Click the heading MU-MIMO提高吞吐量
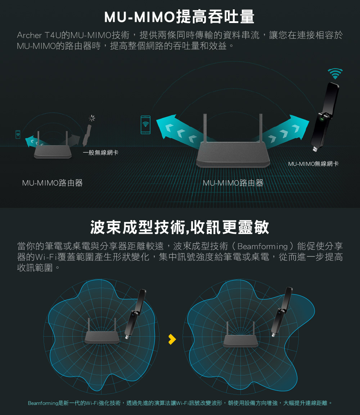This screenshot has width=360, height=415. point(179,17)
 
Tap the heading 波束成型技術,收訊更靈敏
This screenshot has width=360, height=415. point(180,227)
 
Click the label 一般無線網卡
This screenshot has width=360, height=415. point(101,152)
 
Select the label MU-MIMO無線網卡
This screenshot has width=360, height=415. point(313,164)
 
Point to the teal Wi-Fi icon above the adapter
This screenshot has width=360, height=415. point(335,74)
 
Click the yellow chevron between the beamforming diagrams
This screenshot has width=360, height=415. point(172,339)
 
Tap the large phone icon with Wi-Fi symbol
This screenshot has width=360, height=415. point(145,125)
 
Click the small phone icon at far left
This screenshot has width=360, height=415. point(18,134)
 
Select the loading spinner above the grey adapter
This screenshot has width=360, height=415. point(92,118)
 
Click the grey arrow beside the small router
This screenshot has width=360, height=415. point(74,140)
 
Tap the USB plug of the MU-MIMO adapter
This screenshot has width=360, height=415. point(315,149)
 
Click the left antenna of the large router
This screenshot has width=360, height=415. point(205,128)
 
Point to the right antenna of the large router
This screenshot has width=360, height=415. point(261,128)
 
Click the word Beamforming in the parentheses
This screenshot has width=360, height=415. point(262,246)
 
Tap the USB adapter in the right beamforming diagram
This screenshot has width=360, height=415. point(282,312)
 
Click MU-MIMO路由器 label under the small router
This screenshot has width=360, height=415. point(53,183)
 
